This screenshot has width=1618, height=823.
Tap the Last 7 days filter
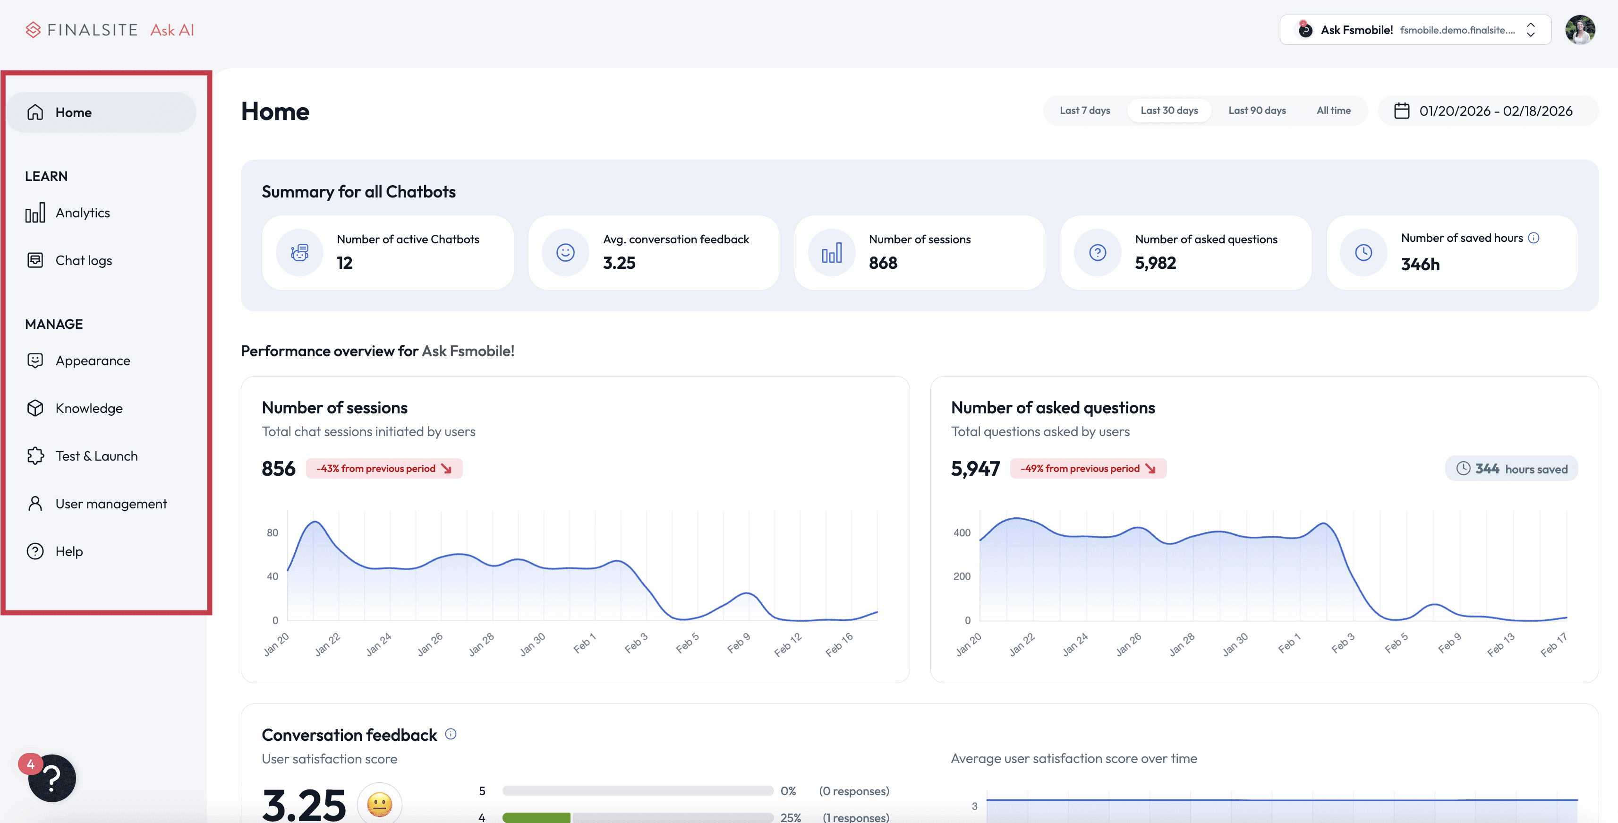pyautogui.click(x=1085, y=111)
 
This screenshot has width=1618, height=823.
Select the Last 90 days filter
pyautogui.click(x=1257, y=111)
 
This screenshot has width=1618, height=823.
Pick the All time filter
pyautogui.click(x=1334, y=111)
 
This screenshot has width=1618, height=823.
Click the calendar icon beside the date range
pyautogui.click(x=1401, y=111)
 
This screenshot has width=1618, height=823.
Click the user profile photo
pyautogui.click(x=1580, y=30)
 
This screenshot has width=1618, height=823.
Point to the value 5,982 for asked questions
pyautogui.click(x=1155, y=263)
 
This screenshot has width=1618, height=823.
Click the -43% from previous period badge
pyautogui.click(x=384, y=469)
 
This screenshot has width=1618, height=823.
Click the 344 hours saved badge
pyautogui.click(x=1511, y=469)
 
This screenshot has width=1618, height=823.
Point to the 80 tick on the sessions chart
pyautogui.click(x=272, y=533)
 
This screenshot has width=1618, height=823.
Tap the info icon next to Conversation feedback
pyautogui.click(x=451, y=734)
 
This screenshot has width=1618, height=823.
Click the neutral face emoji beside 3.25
pyautogui.click(x=379, y=804)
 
